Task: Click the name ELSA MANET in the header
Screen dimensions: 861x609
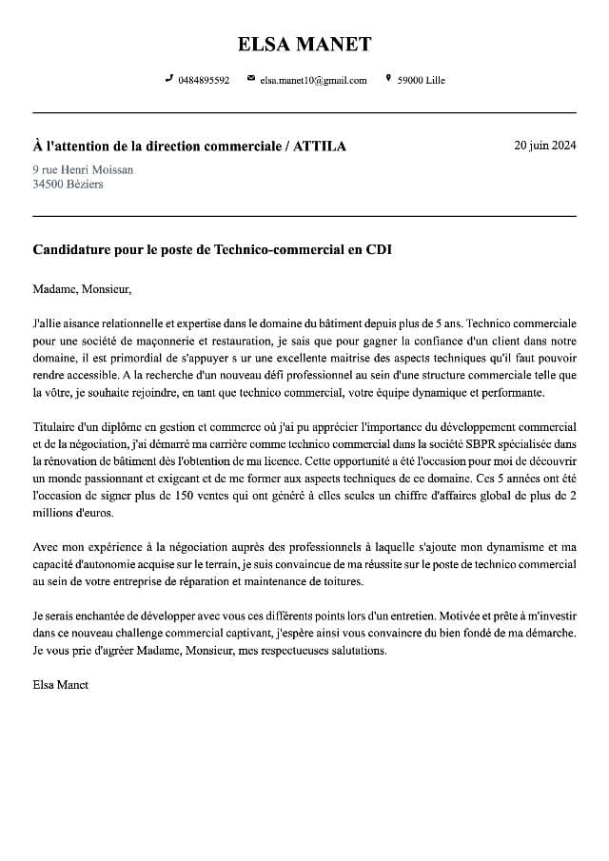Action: point(304,44)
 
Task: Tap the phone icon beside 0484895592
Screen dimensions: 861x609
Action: point(169,79)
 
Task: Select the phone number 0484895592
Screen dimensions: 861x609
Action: point(204,81)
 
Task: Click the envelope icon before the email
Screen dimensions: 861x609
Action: point(250,79)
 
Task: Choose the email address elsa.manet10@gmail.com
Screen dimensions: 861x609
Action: point(313,81)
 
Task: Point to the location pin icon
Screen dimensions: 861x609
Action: point(388,79)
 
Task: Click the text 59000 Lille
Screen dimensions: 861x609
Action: point(421,81)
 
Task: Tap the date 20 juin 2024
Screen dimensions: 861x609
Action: point(544,146)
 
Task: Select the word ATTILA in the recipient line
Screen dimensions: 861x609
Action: point(320,147)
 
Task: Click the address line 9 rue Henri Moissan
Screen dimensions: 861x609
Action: point(83,169)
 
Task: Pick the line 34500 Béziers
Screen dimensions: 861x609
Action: point(68,184)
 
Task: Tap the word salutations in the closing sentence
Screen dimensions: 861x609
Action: point(358,651)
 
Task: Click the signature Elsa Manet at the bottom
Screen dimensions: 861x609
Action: point(60,684)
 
